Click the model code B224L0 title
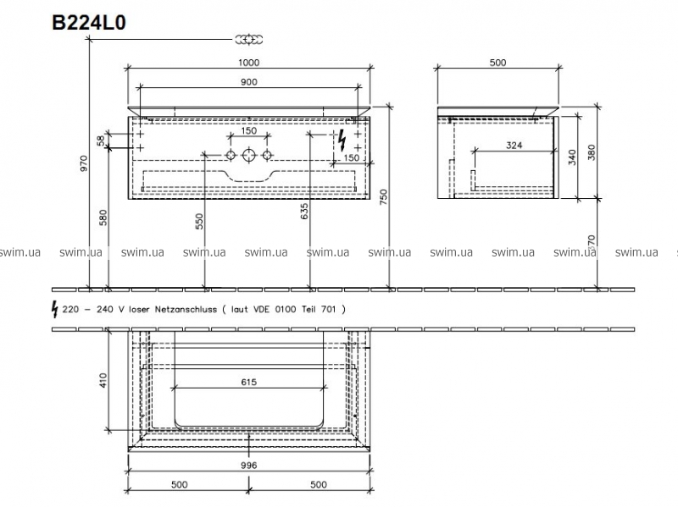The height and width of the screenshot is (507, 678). point(89,23)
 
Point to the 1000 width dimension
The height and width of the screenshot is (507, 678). point(249,63)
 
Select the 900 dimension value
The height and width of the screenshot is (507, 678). point(249,82)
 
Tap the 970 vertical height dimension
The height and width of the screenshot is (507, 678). point(84,163)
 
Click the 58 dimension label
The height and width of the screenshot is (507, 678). point(101,141)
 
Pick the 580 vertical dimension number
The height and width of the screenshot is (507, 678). point(103,218)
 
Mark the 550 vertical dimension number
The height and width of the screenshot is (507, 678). point(199,222)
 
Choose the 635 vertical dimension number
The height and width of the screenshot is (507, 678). point(304,211)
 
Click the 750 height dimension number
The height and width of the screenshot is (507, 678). point(383,198)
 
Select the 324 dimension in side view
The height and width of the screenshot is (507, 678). point(514,146)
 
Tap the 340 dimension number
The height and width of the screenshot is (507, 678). point(573,157)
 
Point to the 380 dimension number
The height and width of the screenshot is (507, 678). point(592,152)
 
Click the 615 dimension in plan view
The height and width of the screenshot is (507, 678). point(249,382)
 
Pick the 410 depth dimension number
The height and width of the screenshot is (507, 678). point(103,380)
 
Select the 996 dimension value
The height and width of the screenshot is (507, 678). point(249,466)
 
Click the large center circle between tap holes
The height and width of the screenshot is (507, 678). point(249,155)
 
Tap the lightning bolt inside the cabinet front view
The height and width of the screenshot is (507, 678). point(342,141)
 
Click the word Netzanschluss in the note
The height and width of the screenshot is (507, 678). point(186,309)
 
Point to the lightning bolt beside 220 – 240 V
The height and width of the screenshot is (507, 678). point(55,309)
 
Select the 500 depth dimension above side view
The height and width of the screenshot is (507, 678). point(497,63)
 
